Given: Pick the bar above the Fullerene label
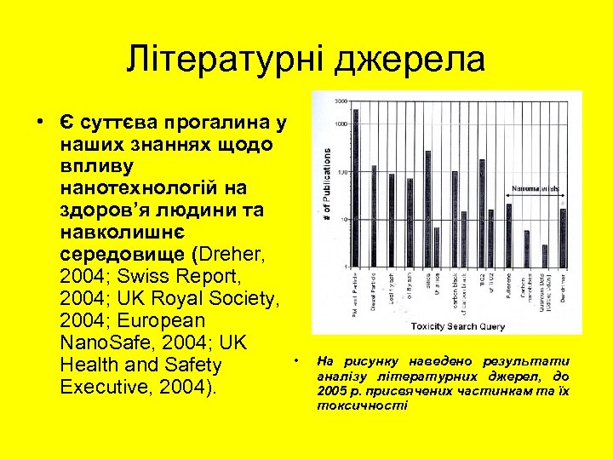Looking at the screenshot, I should click(508, 234).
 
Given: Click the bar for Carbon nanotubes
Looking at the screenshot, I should click(527, 248).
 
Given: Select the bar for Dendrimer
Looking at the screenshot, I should click(563, 237).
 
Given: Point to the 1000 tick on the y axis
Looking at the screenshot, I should click(341, 124).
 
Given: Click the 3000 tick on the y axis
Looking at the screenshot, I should click(341, 101).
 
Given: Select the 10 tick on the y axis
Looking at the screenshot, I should click(342, 219).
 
